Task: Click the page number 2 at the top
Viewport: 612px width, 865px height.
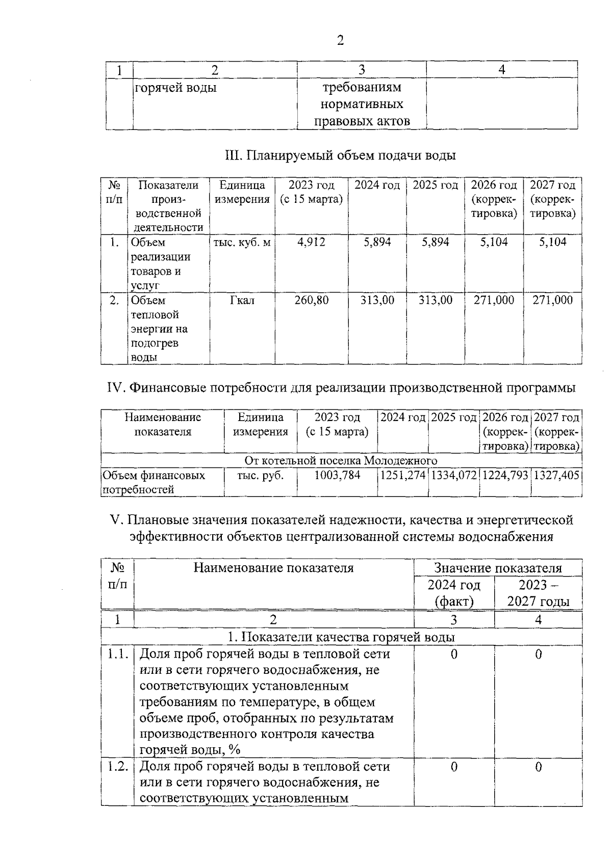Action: [x=341, y=41]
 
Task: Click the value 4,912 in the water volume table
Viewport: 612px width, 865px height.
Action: [x=311, y=242]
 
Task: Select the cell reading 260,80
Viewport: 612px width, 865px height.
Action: [x=311, y=300]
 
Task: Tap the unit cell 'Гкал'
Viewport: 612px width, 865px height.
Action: [x=242, y=300]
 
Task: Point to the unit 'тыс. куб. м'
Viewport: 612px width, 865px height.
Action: [x=242, y=242]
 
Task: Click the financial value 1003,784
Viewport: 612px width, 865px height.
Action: [x=337, y=475]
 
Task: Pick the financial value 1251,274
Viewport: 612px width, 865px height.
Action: [x=403, y=475]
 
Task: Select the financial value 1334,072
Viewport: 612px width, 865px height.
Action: [x=454, y=475]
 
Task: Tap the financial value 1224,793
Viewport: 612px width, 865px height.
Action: [x=505, y=475]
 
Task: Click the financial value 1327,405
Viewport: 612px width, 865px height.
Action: [x=556, y=475]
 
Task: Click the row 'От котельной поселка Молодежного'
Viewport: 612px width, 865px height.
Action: [x=341, y=461]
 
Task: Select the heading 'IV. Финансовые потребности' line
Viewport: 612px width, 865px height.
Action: [x=341, y=388]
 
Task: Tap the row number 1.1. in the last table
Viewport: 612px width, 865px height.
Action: [x=117, y=654]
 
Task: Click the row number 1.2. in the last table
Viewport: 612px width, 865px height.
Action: [x=117, y=767]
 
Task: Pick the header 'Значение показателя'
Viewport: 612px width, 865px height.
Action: [x=498, y=568]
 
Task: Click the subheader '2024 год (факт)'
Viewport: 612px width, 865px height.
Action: [x=454, y=593]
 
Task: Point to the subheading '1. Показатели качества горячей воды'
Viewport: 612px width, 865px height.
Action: [x=341, y=637]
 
